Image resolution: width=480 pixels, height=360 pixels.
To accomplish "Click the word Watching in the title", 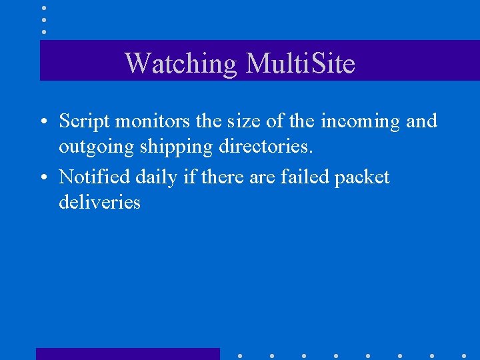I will pos(181,63).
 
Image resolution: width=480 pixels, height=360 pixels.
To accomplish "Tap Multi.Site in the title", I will pos(301,63).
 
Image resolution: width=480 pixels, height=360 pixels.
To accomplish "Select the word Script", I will pos(83,121).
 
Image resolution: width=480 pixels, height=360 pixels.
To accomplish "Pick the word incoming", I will pos(353,121).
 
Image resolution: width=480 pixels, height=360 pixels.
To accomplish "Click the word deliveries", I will pos(99,202).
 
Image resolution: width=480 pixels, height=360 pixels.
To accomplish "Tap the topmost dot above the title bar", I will pos(43,8).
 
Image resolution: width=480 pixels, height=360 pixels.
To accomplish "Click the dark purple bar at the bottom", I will pos(127,354).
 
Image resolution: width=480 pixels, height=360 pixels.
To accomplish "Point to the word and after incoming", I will pos(421,121).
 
